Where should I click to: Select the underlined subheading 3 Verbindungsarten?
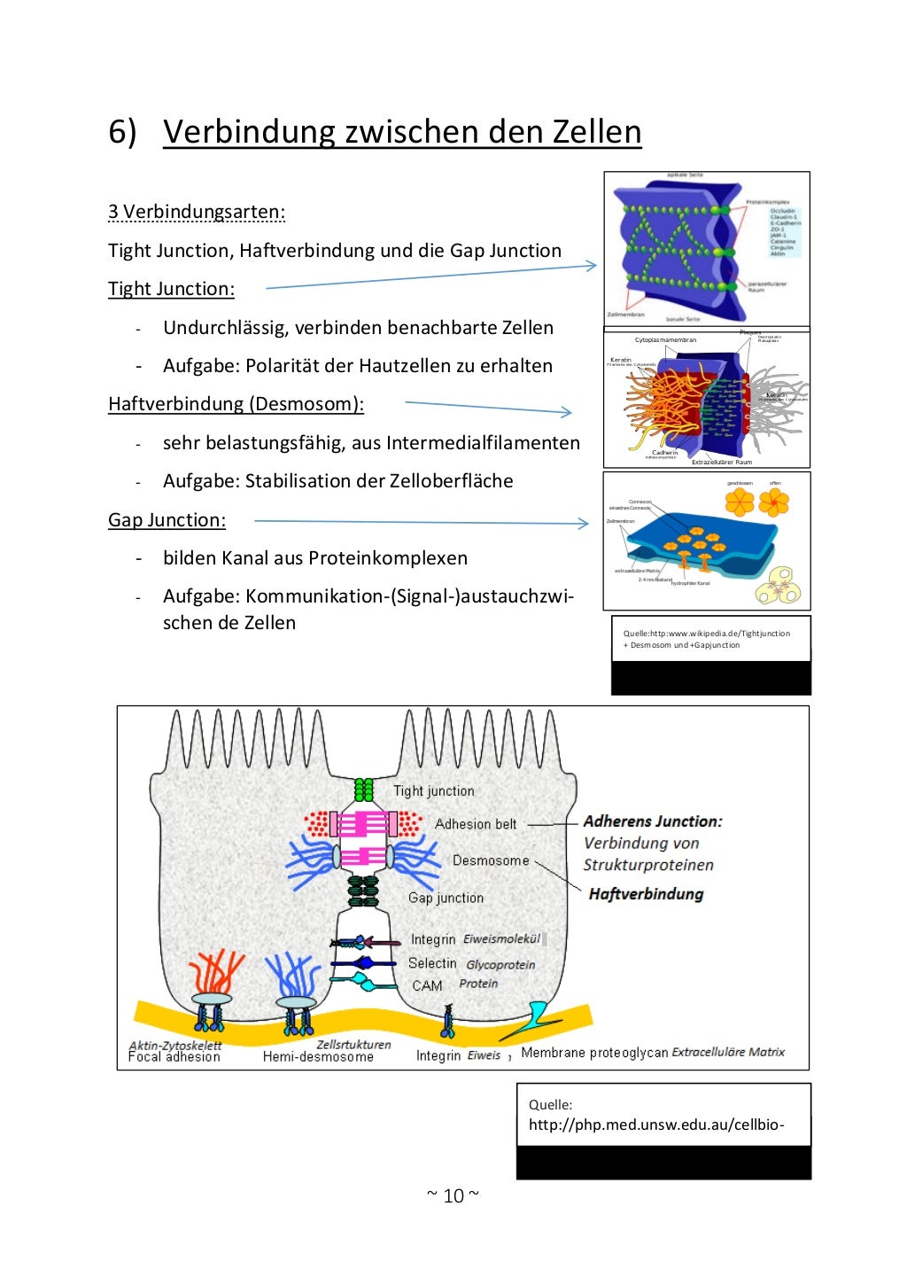(197, 212)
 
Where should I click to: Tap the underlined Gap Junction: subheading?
(167, 520)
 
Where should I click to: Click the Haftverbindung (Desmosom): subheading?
(236, 404)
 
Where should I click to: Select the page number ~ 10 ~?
(453, 1195)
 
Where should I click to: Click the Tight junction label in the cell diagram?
(433, 791)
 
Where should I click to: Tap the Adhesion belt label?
(475, 824)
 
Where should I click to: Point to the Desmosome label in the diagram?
(490, 860)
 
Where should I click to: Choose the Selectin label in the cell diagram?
(432, 963)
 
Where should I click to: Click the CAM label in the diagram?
(427, 985)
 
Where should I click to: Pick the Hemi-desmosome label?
(318, 1057)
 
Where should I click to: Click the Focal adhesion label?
(174, 1057)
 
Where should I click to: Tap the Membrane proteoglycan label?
(594, 1053)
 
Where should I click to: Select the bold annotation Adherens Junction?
(653, 821)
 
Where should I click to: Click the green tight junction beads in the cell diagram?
(363, 789)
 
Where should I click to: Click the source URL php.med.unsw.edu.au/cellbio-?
(655, 1125)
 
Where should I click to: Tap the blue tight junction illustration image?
(706, 250)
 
